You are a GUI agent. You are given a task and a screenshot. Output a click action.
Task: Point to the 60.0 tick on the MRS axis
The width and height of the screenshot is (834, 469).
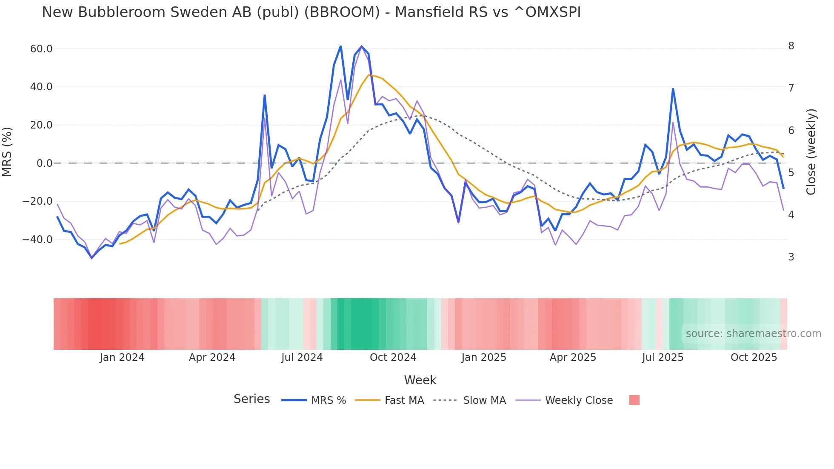pos(41,49)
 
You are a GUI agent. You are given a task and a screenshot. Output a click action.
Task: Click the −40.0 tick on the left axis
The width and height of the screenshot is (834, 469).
pos(37,240)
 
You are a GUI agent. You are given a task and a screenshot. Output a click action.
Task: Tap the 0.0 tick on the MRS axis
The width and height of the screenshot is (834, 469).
pos(45,163)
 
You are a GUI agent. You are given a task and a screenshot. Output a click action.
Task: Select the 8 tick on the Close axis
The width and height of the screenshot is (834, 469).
pos(791,46)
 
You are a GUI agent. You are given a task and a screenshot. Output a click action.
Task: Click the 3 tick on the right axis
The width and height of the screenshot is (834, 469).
pos(791,257)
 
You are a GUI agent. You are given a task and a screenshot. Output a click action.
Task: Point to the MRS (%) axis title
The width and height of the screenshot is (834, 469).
pos(7,152)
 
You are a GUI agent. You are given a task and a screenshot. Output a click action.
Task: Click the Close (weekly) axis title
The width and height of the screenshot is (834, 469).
pos(811,152)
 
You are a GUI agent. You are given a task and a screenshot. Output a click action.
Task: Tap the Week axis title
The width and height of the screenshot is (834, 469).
pos(420,380)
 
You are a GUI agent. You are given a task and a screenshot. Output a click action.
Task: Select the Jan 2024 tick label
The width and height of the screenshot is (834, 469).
pos(122,357)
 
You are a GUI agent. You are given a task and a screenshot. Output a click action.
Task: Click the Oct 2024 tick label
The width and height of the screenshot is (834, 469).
pos(393,357)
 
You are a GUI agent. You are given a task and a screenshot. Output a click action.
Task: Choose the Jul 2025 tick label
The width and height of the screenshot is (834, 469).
pos(663,357)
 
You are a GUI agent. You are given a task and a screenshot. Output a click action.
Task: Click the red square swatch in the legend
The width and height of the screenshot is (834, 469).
pos(634,400)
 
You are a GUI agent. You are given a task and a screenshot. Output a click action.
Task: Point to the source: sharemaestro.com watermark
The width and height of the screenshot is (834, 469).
pos(753,334)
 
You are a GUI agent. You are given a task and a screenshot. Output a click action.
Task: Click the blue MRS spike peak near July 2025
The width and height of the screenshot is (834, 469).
pos(673,89)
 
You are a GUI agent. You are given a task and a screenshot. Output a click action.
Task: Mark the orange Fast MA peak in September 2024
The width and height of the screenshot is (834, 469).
pos(369,75)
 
